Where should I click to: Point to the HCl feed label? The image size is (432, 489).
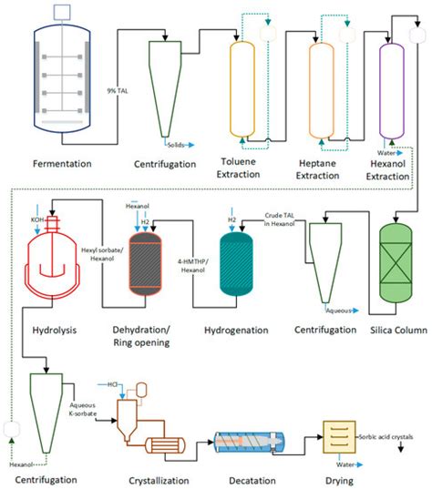[114, 385]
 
